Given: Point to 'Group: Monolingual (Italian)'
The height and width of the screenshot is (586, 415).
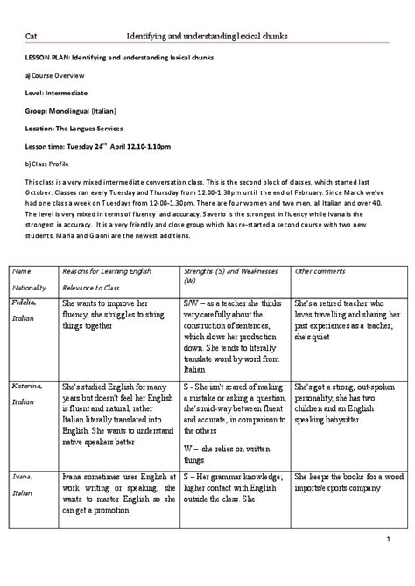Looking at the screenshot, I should tap(68, 113).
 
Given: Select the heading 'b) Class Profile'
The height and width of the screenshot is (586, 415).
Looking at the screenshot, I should tap(49, 163).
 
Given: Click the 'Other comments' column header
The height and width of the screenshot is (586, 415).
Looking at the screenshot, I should tap(318, 248).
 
